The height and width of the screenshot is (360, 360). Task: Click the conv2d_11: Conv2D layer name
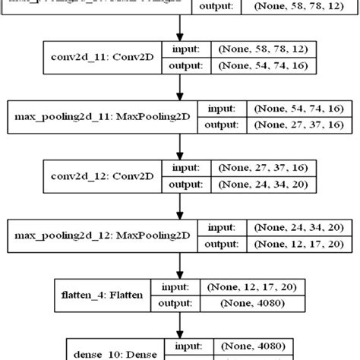[99, 56]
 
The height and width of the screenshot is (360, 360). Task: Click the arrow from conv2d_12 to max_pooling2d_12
[180, 206]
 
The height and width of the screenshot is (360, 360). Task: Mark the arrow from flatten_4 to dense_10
[180, 325]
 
